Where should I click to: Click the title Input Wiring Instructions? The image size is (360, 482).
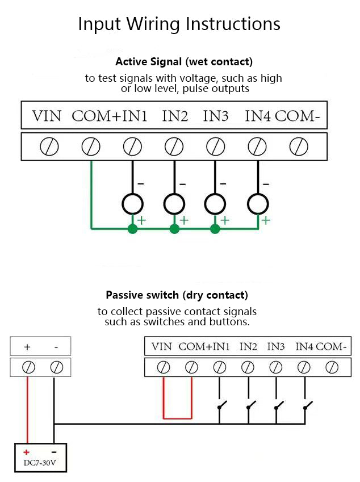tap(179, 24)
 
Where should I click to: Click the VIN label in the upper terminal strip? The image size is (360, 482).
tap(47, 116)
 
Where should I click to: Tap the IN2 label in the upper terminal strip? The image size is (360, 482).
tap(175, 116)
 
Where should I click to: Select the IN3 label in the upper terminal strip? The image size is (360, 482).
tap(216, 116)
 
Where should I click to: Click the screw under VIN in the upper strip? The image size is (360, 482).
tap(49, 146)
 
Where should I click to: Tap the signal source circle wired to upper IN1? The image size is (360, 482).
tap(133, 203)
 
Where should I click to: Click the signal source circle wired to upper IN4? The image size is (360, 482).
tap(258, 203)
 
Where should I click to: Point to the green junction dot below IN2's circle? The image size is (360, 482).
tap(174, 229)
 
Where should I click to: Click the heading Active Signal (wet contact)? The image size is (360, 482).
tap(184, 61)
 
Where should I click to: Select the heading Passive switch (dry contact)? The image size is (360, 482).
tap(177, 295)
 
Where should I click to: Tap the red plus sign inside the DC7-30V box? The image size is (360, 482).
tap(26, 452)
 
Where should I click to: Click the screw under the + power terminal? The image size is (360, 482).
tap(28, 367)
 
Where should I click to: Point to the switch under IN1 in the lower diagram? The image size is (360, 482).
tap(222, 406)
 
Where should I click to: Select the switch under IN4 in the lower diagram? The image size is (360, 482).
tap(307, 406)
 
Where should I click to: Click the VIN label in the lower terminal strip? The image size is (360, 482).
tap(161, 346)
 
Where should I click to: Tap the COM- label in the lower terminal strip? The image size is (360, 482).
tap(331, 346)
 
